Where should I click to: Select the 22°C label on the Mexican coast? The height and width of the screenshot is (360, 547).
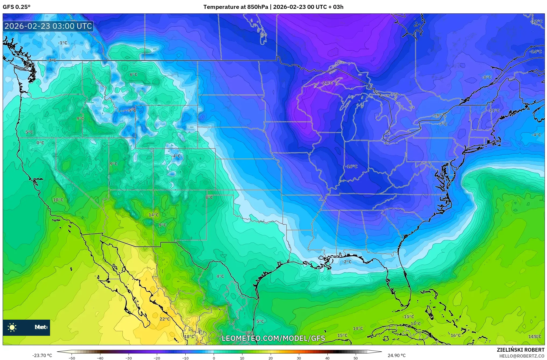coord(165,319)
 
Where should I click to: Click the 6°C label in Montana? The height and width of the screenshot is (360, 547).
coord(133,75)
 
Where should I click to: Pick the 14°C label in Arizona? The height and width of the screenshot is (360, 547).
coord(154,215)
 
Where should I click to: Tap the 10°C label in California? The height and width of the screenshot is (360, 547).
coord(58,200)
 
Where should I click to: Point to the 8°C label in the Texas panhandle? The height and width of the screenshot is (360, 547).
coord(209,197)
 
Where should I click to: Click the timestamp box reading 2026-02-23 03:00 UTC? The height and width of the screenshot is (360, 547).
coord(48,26)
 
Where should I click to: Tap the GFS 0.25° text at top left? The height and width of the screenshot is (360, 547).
coord(17,7)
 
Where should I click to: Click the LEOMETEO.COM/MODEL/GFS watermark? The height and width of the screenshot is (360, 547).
coord(273,338)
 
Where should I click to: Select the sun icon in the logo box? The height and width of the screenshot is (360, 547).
coord(12,327)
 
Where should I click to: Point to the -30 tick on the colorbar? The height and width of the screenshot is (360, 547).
coord(129,358)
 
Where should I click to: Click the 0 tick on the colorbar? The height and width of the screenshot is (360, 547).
coord(214,358)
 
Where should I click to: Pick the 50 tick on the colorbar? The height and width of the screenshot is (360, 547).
coord(356,358)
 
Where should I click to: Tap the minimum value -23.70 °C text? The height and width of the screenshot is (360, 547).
coord(42,355)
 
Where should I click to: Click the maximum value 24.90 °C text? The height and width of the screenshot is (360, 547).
coord(397,355)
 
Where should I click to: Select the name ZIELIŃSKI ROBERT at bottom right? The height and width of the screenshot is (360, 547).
coord(521,350)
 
